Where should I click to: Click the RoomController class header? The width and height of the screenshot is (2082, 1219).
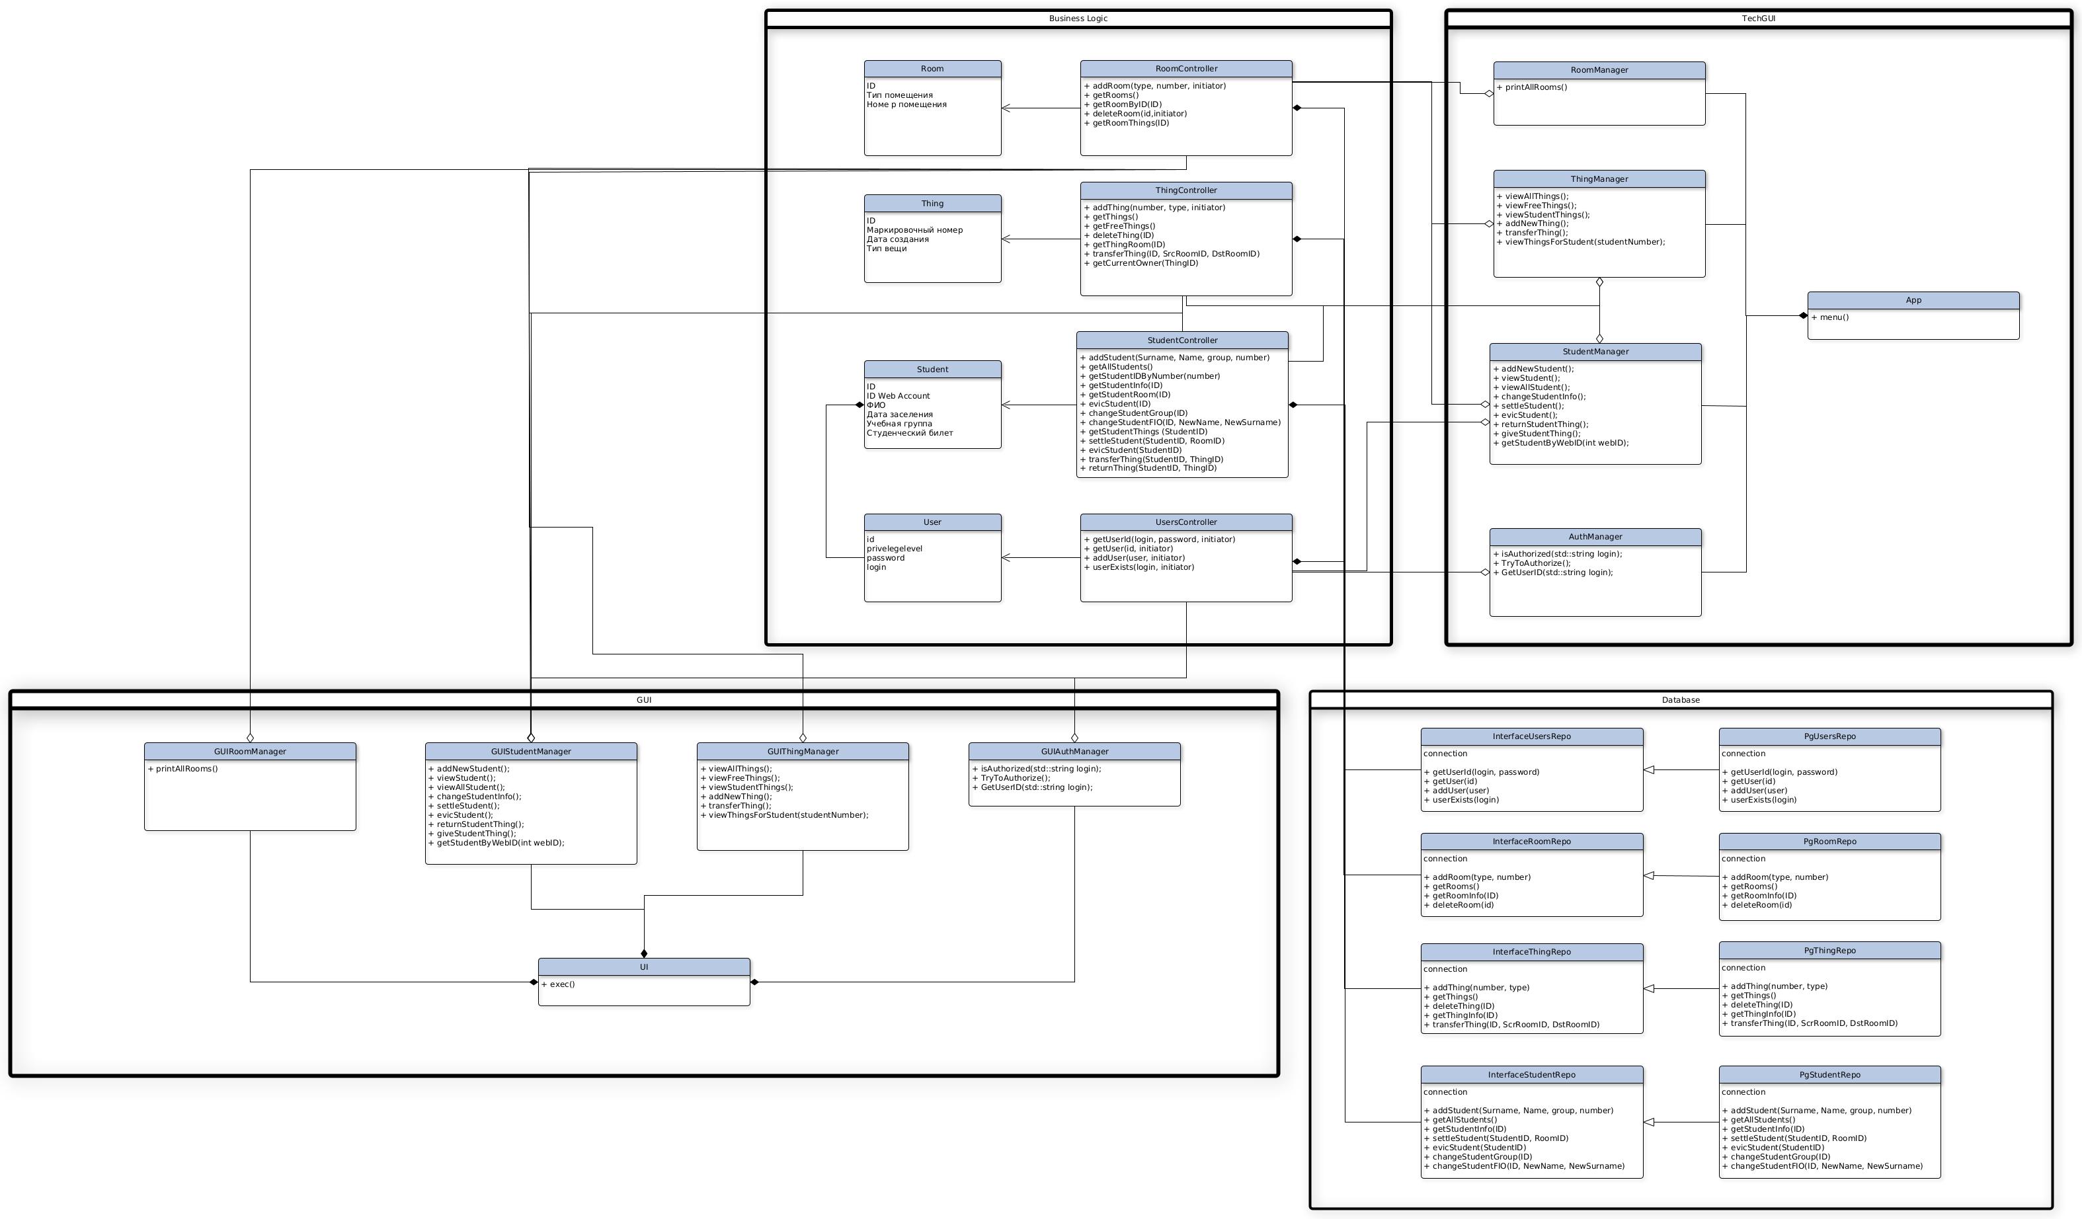1185,69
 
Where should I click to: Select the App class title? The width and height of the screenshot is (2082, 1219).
1913,300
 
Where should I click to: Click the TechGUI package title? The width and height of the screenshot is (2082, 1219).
1758,18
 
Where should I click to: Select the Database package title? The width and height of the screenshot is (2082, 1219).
1681,699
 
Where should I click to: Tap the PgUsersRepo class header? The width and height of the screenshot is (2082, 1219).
1829,736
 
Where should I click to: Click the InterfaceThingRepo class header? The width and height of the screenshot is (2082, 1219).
1531,951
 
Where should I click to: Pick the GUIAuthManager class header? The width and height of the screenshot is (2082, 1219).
1074,751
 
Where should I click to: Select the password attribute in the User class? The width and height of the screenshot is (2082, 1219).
886,557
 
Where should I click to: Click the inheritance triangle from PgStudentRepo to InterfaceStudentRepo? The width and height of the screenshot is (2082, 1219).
1649,1122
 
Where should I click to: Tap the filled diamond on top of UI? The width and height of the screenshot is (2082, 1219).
643,953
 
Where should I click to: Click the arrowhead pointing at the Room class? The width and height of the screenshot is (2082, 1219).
1006,108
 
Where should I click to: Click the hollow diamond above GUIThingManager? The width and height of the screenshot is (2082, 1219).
802,738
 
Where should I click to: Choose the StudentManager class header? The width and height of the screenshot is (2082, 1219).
1595,351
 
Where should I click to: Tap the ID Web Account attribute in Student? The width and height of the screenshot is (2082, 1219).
898,395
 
